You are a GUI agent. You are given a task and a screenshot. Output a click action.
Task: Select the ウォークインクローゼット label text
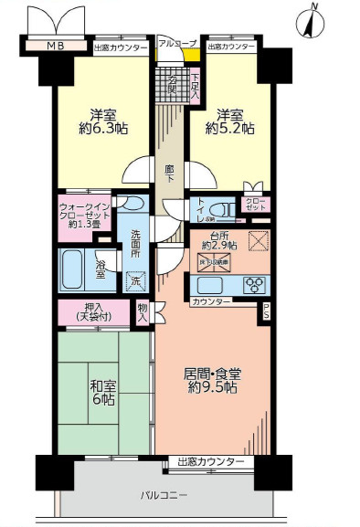point(86,214)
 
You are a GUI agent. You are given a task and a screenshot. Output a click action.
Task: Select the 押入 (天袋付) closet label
point(92,311)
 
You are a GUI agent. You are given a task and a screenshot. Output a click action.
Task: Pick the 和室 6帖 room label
point(101,393)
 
